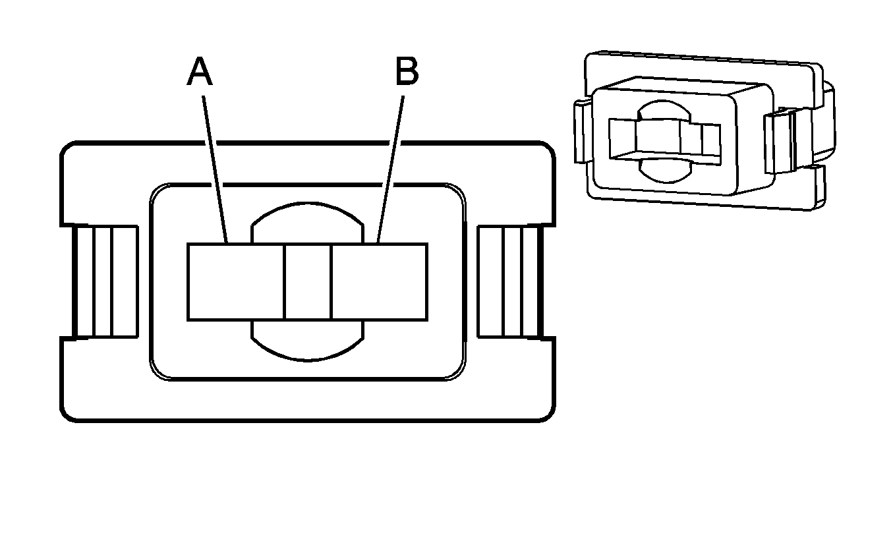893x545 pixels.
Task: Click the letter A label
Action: pos(200,72)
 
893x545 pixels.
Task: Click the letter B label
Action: pos(407,72)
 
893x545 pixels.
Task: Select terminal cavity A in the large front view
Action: pos(235,282)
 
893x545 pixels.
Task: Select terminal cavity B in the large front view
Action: pos(379,282)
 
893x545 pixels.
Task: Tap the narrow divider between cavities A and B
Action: pos(307,282)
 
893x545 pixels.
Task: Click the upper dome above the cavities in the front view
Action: pos(307,224)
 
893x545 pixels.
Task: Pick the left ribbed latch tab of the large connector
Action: pos(105,282)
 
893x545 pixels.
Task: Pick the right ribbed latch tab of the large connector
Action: pos(509,282)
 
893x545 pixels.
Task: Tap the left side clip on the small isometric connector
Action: pos(582,131)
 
